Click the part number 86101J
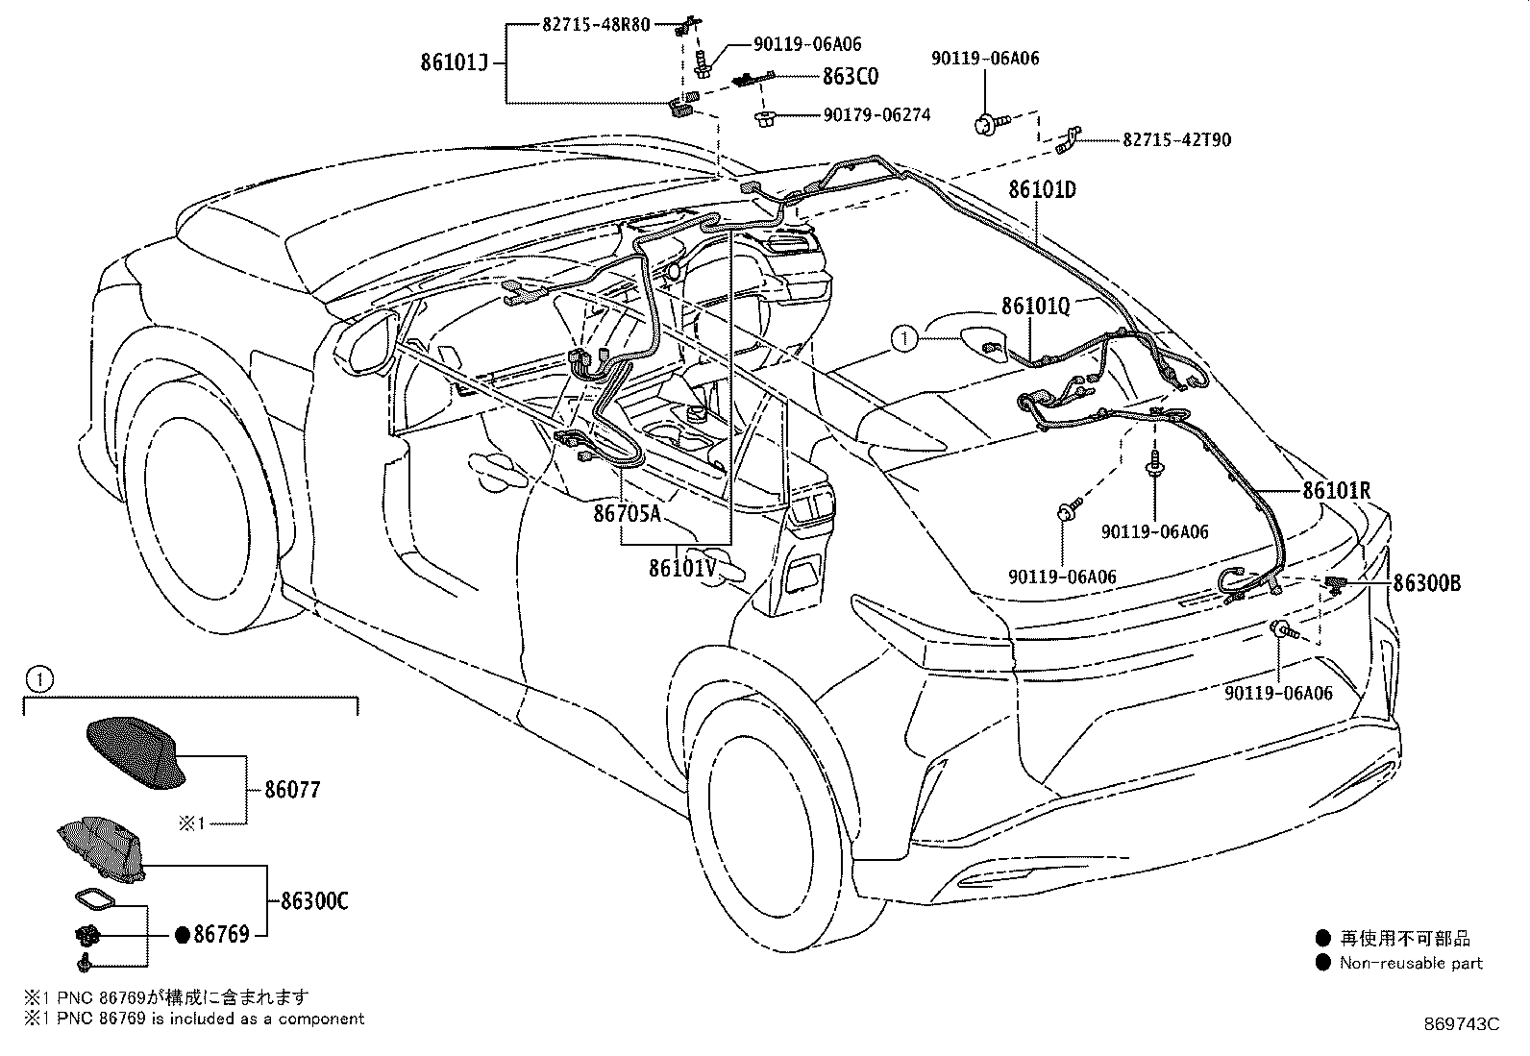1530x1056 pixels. coord(454,62)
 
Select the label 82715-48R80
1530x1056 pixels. coord(596,25)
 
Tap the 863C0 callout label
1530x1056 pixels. coord(850,76)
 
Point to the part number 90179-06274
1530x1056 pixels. coord(876,114)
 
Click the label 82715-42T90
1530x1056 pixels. coord(1177,140)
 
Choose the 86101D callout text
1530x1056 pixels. coord(1043,189)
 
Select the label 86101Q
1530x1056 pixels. coord(1035,306)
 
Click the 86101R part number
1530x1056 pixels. coord(1336,490)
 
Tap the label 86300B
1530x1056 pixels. coord(1426,582)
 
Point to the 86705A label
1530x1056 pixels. coord(627,513)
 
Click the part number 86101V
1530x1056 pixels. coord(682,568)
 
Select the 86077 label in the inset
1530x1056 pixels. coord(292,790)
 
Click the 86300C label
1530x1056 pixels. coord(314,901)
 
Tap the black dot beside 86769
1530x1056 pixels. coord(182,934)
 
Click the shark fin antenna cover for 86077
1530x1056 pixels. coord(136,753)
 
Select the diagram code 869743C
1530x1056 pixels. coord(1461,1024)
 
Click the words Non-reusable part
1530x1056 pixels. coord(1411,963)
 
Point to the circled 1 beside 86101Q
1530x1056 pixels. coord(904,338)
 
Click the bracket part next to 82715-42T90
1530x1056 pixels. coord(1069,139)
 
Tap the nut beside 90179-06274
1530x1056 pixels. coord(763,117)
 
